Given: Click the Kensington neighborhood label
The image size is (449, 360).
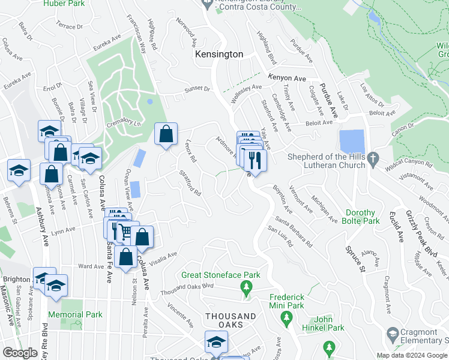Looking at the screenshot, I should pos(219,54).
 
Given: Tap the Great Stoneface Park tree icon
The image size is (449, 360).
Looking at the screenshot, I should pos(246,289).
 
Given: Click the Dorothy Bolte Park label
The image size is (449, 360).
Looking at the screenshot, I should pos(369,217).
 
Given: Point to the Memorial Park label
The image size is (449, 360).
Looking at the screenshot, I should pos(81,314).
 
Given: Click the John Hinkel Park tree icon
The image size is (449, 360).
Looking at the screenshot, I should pos(328,346).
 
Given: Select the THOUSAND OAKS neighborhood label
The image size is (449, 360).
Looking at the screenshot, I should pos(231,316).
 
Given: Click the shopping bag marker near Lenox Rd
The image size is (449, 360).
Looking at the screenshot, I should pos(166,134).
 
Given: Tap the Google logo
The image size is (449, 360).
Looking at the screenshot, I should pos(20,353).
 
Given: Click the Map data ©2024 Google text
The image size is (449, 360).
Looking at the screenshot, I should pos(412,355).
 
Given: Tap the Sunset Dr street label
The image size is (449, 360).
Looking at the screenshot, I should pos(197,90).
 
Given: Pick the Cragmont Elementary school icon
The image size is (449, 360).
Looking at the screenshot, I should pos(393,334).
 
